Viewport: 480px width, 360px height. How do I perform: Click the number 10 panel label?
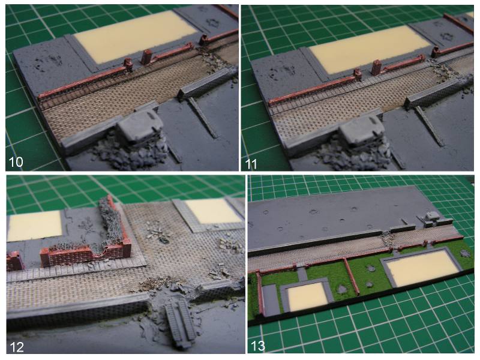coord(16,161)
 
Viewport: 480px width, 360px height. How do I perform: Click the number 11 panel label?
coord(251,164)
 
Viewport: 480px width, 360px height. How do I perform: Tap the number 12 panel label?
coord(17,347)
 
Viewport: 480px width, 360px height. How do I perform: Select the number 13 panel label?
coord(258,346)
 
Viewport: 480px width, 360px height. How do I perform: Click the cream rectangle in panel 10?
coord(134,34)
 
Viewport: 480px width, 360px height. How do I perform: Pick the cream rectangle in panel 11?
coord(369,49)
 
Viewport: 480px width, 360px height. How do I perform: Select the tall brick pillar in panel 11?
coord(377,67)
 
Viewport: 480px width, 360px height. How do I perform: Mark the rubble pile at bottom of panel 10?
coord(130,155)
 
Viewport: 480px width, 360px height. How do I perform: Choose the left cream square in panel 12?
coord(34,226)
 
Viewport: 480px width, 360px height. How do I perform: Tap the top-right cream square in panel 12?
coord(214,211)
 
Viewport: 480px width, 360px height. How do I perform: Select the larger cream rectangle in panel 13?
coord(422,268)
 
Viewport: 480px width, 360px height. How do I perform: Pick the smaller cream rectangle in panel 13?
coord(308,296)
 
